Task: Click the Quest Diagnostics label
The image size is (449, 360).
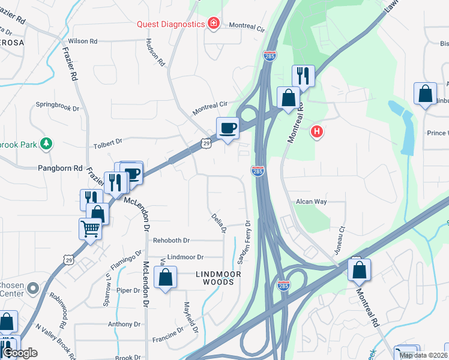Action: [171, 24]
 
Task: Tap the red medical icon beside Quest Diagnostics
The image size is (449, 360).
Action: [213, 23]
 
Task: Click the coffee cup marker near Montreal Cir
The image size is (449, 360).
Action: [228, 128]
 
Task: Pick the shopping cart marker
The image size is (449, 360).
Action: [89, 229]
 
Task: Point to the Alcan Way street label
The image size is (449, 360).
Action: [312, 202]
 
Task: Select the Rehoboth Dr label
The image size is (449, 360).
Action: [171, 240]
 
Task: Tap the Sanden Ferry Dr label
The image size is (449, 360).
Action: [243, 242]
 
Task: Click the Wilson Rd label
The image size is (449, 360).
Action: [83, 41]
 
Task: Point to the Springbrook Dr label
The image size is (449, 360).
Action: [58, 109]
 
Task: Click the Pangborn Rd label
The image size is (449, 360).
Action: [60, 169]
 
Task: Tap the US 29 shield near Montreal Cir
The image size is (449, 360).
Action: [206, 143]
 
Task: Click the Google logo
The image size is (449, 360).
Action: [19, 353]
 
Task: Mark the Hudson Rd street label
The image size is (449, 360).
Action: [155, 53]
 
